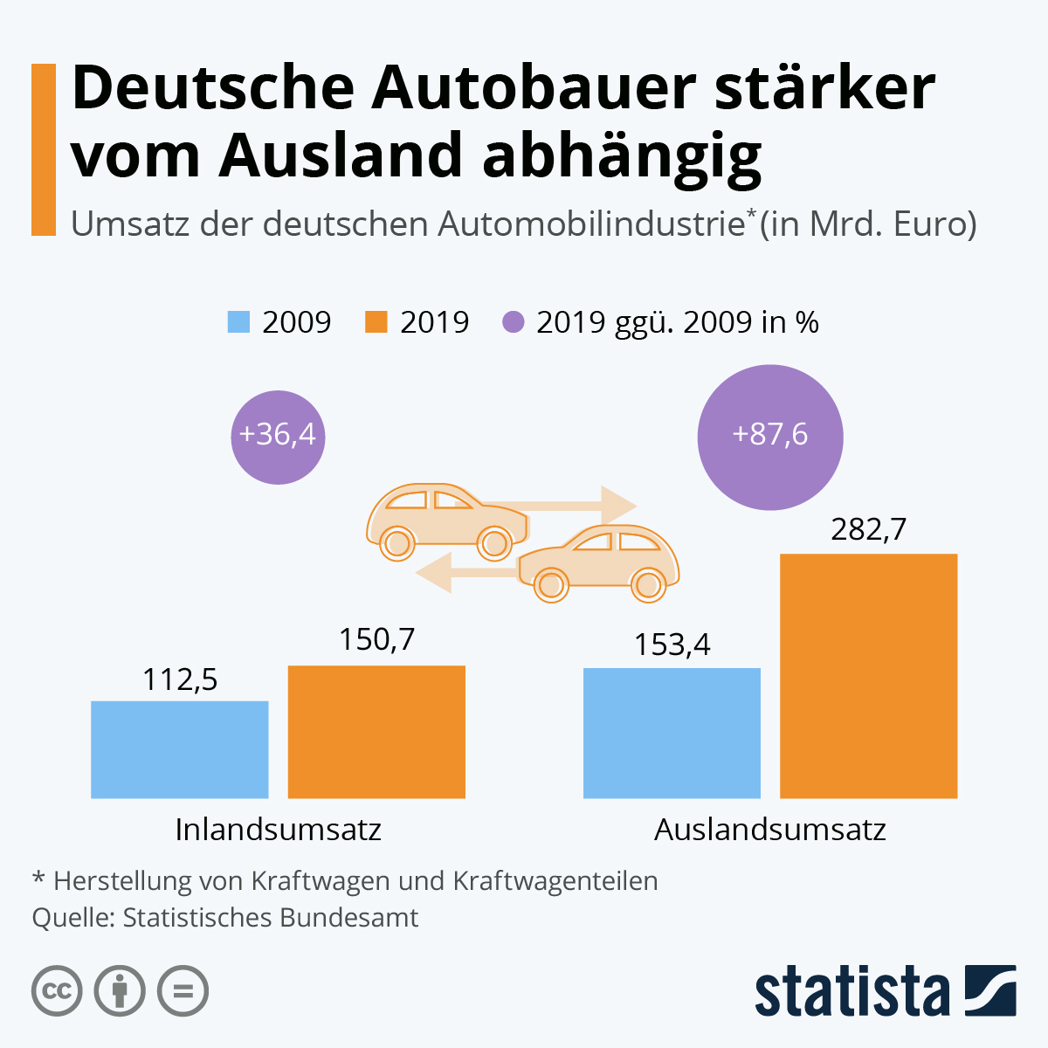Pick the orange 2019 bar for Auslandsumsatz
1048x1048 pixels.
point(868,676)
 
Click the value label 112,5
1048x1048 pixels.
point(180,679)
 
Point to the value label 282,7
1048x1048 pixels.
point(868,529)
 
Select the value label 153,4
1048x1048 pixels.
point(672,645)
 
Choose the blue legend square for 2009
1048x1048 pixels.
point(238,322)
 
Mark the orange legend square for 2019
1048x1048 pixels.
point(376,322)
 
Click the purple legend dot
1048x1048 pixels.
point(514,322)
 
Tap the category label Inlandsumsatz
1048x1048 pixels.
point(278,829)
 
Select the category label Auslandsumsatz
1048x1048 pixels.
point(769,829)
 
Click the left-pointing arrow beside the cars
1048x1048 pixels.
point(437,572)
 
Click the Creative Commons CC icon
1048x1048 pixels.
point(57,991)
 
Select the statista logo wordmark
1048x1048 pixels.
point(851,991)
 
